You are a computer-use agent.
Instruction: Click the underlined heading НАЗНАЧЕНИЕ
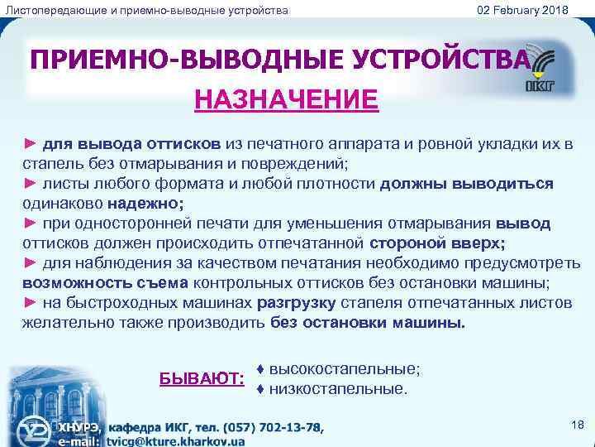[x=286, y=100]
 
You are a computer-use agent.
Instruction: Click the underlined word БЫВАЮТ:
[x=202, y=378]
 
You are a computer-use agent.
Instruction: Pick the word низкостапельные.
[x=338, y=387]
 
